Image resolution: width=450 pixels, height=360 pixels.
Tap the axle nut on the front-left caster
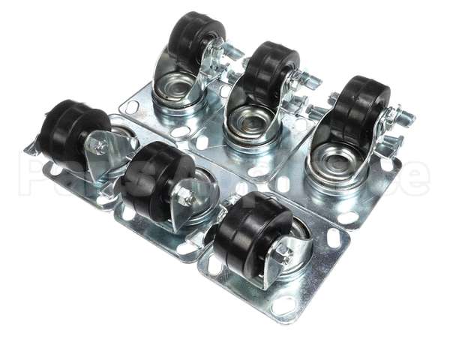coord(100,147)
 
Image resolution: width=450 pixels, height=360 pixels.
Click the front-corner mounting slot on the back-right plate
coord(348,217)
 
